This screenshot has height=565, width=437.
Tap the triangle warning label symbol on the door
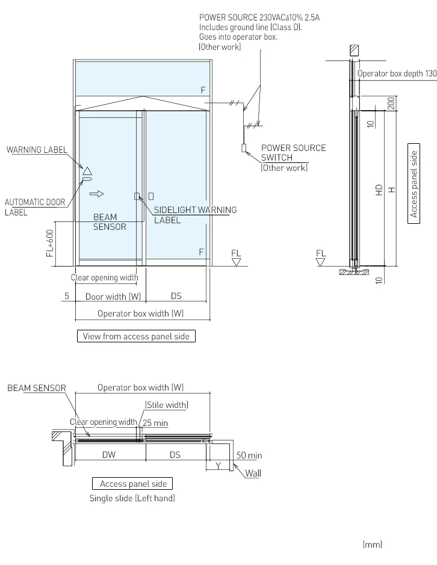(87, 171)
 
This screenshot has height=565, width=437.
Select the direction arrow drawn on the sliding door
(96, 194)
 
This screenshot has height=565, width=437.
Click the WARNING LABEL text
(37, 150)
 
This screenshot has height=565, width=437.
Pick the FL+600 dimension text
(50, 242)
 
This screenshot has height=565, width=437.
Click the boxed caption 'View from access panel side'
(136, 336)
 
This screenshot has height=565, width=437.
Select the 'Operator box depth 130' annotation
(397, 73)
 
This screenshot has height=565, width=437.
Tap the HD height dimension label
(379, 190)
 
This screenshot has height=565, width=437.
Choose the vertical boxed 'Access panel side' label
(414, 184)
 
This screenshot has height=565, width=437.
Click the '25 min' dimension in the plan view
(155, 424)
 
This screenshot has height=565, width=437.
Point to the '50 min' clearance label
(249, 455)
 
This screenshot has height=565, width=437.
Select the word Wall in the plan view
(253, 474)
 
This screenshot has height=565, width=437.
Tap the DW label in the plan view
(108, 455)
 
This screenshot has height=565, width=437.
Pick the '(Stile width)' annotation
(166, 405)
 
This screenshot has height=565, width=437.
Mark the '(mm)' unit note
(372, 545)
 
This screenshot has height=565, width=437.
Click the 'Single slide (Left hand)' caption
(132, 498)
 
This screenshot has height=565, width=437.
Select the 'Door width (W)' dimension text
(113, 296)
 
